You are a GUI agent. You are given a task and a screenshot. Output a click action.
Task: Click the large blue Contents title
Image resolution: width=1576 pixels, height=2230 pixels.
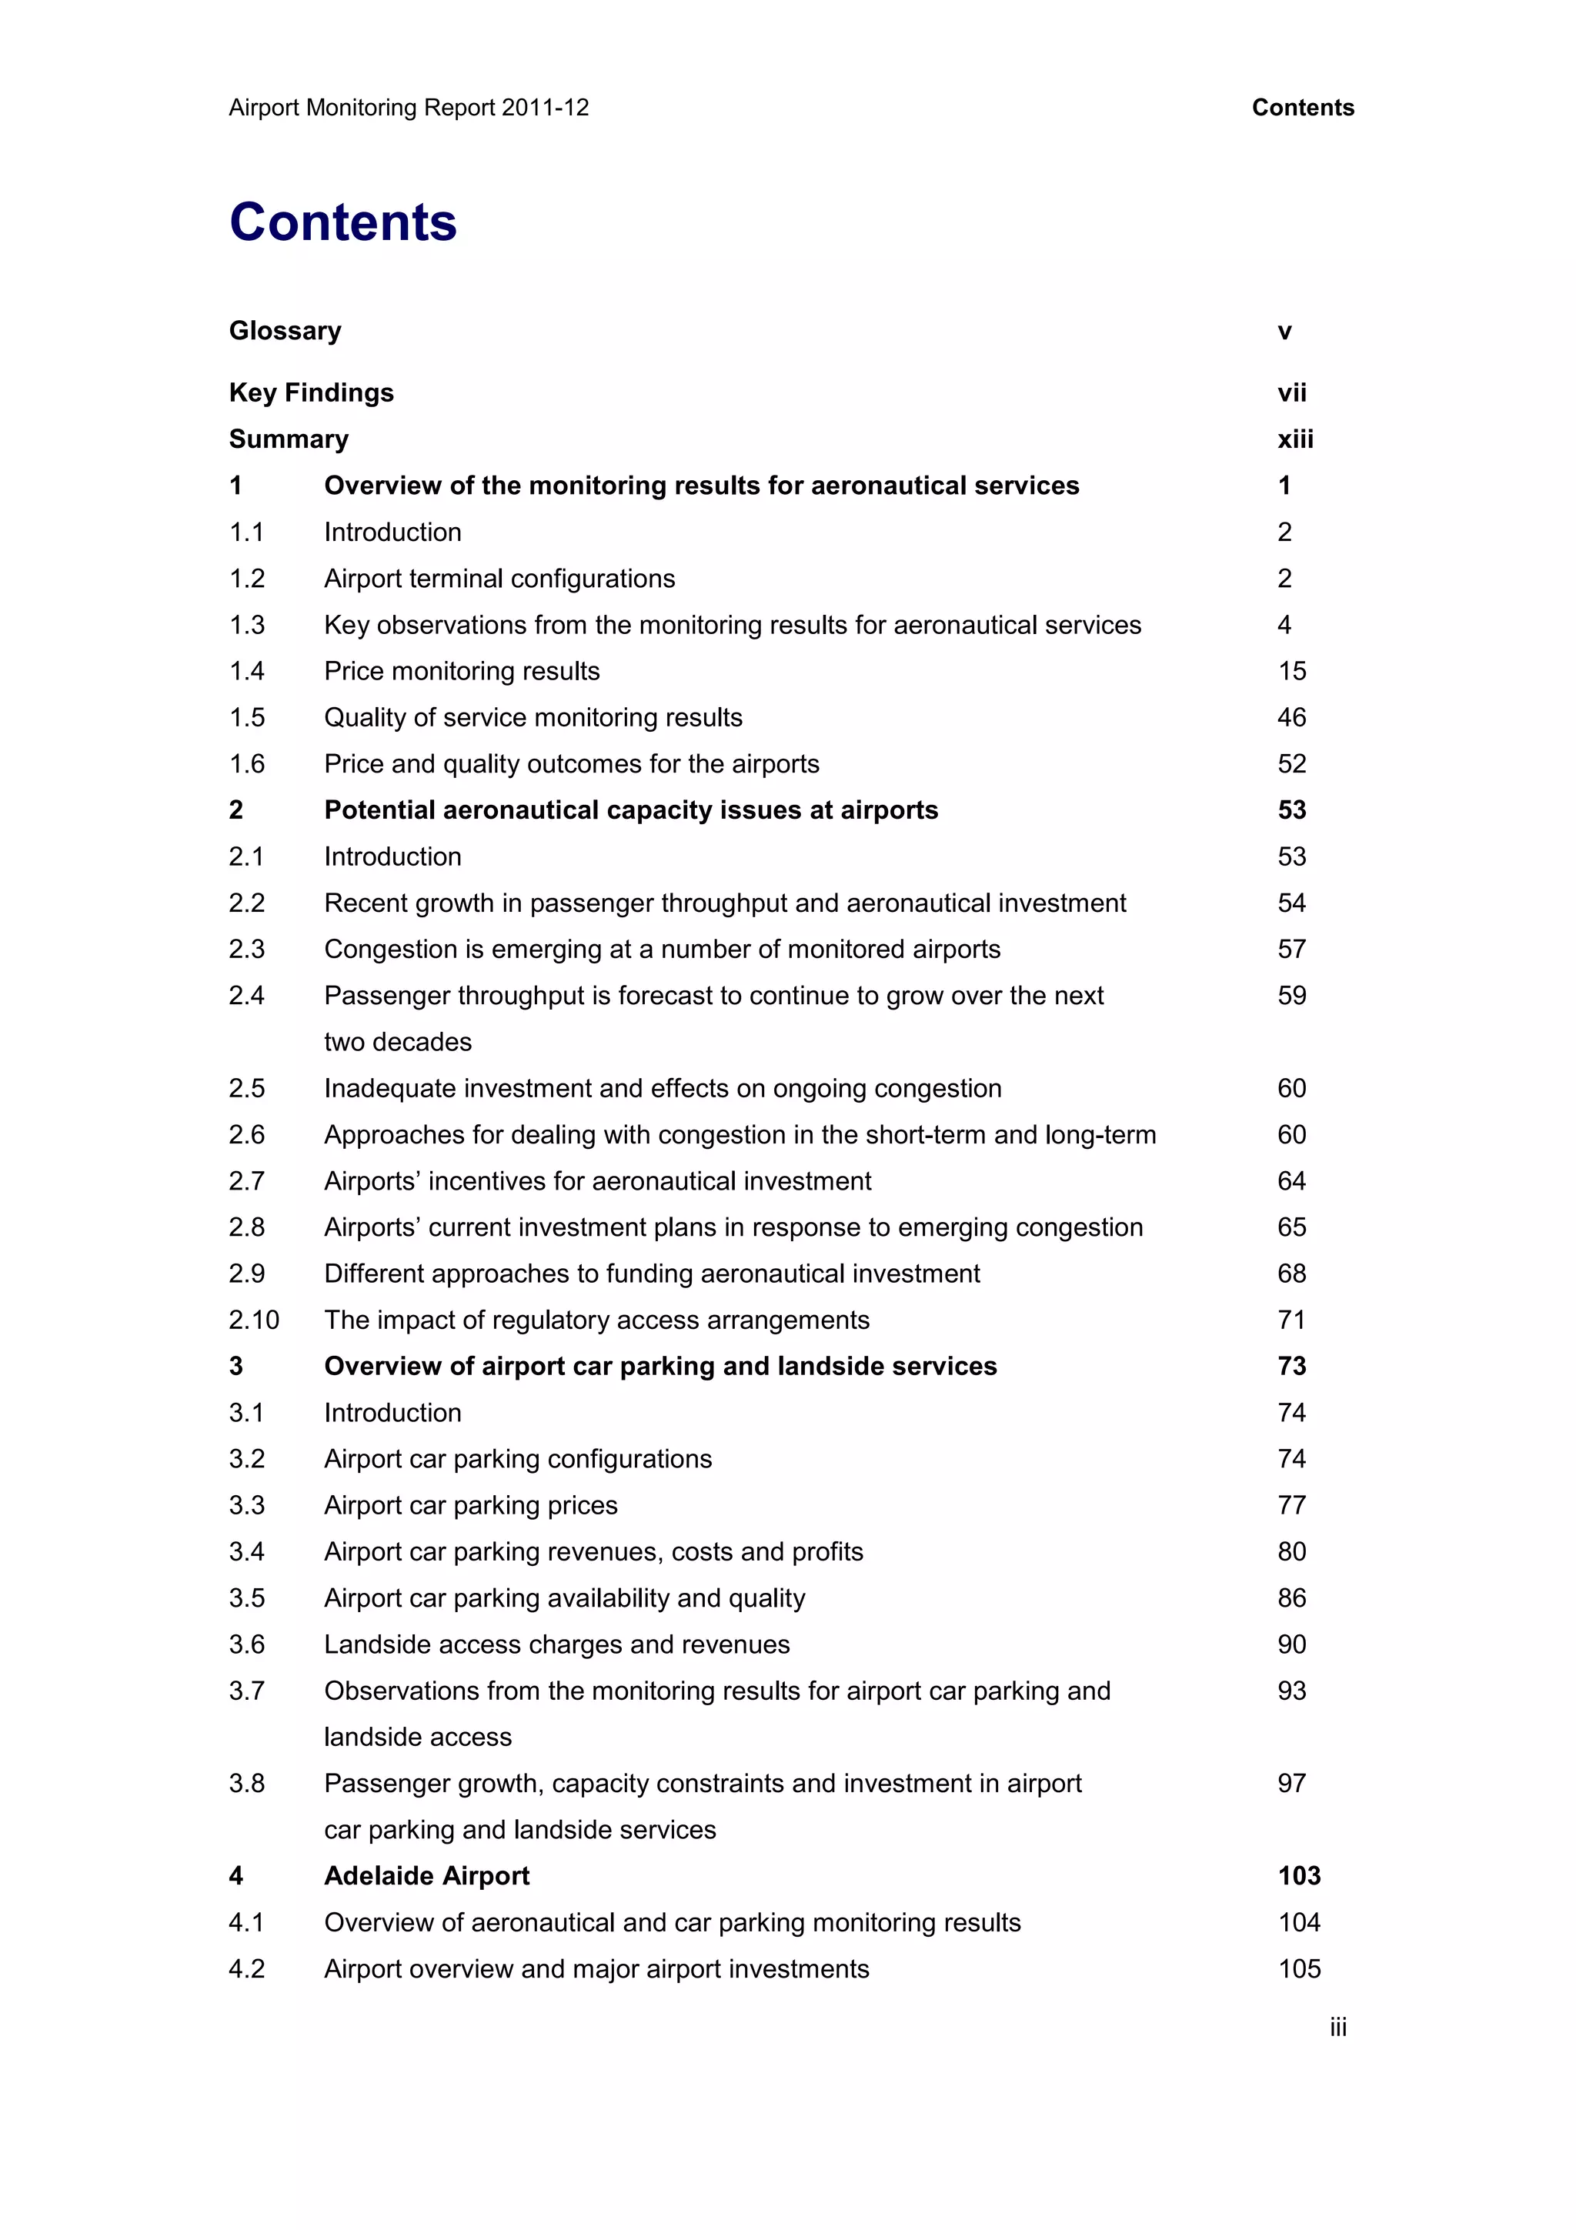(x=342, y=222)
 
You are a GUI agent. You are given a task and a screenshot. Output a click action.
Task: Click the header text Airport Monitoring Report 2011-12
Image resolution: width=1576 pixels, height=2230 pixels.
(x=409, y=108)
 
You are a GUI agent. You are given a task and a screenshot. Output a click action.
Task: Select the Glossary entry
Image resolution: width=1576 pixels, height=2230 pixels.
(x=285, y=331)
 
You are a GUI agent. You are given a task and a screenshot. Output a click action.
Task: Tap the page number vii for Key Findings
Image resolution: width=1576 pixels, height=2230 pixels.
(x=1291, y=393)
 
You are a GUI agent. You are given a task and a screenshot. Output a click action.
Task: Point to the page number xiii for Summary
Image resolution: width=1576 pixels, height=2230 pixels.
(x=1294, y=439)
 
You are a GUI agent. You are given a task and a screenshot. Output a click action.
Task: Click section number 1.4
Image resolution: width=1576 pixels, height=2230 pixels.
(x=247, y=671)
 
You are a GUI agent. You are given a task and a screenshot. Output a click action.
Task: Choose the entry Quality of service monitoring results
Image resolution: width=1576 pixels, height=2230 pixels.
(x=533, y=718)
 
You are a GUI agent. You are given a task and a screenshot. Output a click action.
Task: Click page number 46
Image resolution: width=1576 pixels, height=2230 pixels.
(x=1291, y=718)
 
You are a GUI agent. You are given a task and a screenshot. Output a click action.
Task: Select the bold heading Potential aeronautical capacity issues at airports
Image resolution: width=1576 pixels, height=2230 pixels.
(x=631, y=810)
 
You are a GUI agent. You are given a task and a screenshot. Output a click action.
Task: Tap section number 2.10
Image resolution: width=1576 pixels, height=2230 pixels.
(x=253, y=1320)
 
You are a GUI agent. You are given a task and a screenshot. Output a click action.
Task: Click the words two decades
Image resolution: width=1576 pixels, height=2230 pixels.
(x=397, y=1042)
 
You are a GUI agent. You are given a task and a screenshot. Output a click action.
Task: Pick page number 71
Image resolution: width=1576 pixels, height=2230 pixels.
(x=1291, y=1320)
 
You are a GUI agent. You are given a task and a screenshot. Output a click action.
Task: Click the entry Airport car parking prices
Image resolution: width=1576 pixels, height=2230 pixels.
(x=471, y=1505)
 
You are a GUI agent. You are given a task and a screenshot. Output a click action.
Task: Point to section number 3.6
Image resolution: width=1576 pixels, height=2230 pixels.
(x=247, y=1644)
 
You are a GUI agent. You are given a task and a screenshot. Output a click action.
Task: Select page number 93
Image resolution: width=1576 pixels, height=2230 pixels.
(x=1291, y=1691)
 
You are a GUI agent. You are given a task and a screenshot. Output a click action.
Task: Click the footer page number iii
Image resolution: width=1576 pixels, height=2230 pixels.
(x=1338, y=2028)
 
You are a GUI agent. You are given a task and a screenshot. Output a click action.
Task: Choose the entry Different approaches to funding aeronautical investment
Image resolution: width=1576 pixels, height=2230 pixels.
(x=652, y=1274)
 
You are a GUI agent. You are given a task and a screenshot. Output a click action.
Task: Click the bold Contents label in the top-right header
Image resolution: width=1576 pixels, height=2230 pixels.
(x=1302, y=108)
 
